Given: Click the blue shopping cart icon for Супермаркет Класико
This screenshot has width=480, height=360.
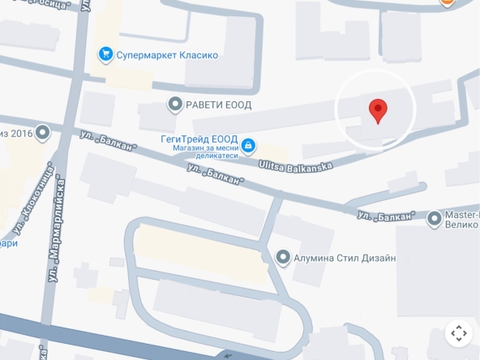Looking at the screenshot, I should pos(105,55).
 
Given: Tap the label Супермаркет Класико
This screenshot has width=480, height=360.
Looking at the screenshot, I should pos(167,55).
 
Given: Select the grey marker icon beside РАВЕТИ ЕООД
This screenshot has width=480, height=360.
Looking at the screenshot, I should pos(174,104).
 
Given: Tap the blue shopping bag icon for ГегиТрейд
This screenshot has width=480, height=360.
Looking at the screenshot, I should pos(248,146).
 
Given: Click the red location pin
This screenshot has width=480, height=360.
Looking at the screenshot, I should pos(378,110).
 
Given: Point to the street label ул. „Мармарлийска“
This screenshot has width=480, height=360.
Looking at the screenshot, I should pos(60,242).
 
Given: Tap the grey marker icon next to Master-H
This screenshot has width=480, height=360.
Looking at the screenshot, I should pos(429,217).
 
